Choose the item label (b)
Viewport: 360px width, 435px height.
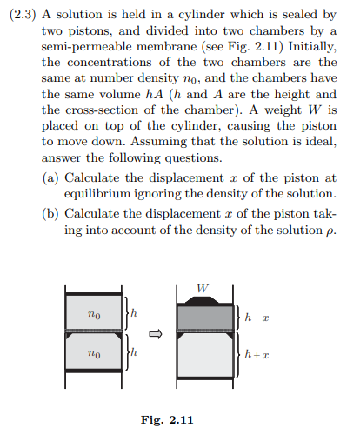coord(51,213)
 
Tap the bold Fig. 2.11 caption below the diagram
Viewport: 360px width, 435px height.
coord(167,420)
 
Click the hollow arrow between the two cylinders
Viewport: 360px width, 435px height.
coord(157,333)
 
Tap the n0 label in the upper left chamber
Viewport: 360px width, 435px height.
coord(95,313)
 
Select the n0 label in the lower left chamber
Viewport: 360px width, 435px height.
coord(95,354)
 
